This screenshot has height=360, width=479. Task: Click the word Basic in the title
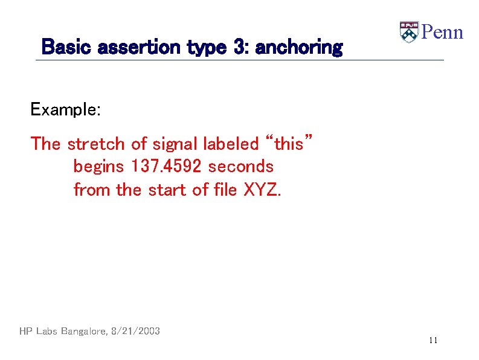(x=62, y=47)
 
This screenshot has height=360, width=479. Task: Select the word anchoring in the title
(x=299, y=47)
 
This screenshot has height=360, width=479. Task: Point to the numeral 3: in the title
(x=240, y=47)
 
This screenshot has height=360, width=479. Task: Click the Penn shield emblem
(x=409, y=32)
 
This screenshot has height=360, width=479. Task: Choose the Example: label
(x=66, y=110)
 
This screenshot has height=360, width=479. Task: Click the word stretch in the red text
(x=97, y=144)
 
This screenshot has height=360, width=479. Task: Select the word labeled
(x=231, y=144)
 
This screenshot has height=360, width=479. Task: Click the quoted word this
(x=289, y=144)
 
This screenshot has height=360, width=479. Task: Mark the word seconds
(x=240, y=166)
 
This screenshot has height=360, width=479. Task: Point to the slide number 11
(x=432, y=341)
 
